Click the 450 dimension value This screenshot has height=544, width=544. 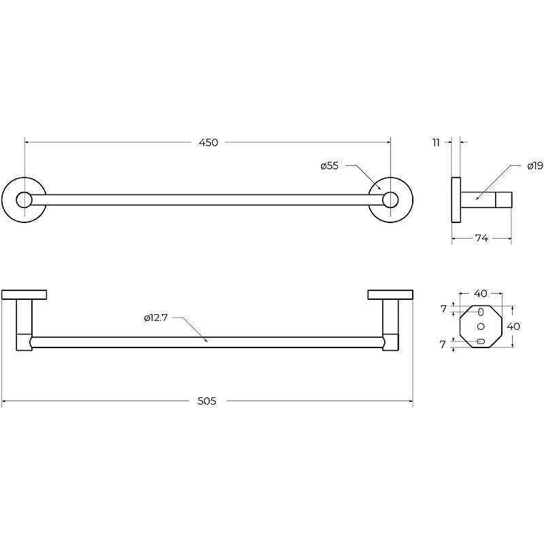click(x=208, y=143)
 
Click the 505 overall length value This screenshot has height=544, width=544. click(x=207, y=401)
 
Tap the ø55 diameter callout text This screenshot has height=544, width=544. click(x=329, y=166)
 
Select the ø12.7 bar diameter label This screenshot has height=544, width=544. click(x=156, y=318)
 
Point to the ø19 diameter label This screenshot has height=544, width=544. click(x=535, y=166)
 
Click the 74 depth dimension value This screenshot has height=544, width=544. click(x=481, y=238)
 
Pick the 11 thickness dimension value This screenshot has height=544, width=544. click(x=436, y=143)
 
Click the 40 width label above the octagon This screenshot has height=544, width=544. click(x=481, y=294)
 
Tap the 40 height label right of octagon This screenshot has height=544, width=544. click(x=513, y=326)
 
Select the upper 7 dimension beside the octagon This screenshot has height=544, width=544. click(x=443, y=309)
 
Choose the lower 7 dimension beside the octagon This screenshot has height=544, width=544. click(x=443, y=345)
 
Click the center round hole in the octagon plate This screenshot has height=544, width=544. click(x=481, y=326)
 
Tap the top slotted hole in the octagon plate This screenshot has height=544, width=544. click(x=481, y=312)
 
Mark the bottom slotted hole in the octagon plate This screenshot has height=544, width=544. click(x=481, y=341)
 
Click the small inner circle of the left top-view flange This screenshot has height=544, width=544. click(x=24, y=200)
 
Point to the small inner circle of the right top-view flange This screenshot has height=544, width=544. click(x=390, y=200)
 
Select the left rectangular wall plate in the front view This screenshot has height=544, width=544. click(x=24, y=295)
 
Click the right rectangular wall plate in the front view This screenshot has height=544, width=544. click(x=390, y=295)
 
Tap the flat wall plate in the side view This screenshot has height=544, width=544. click(x=456, y=200)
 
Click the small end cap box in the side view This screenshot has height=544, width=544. click(x=504, y=200)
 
